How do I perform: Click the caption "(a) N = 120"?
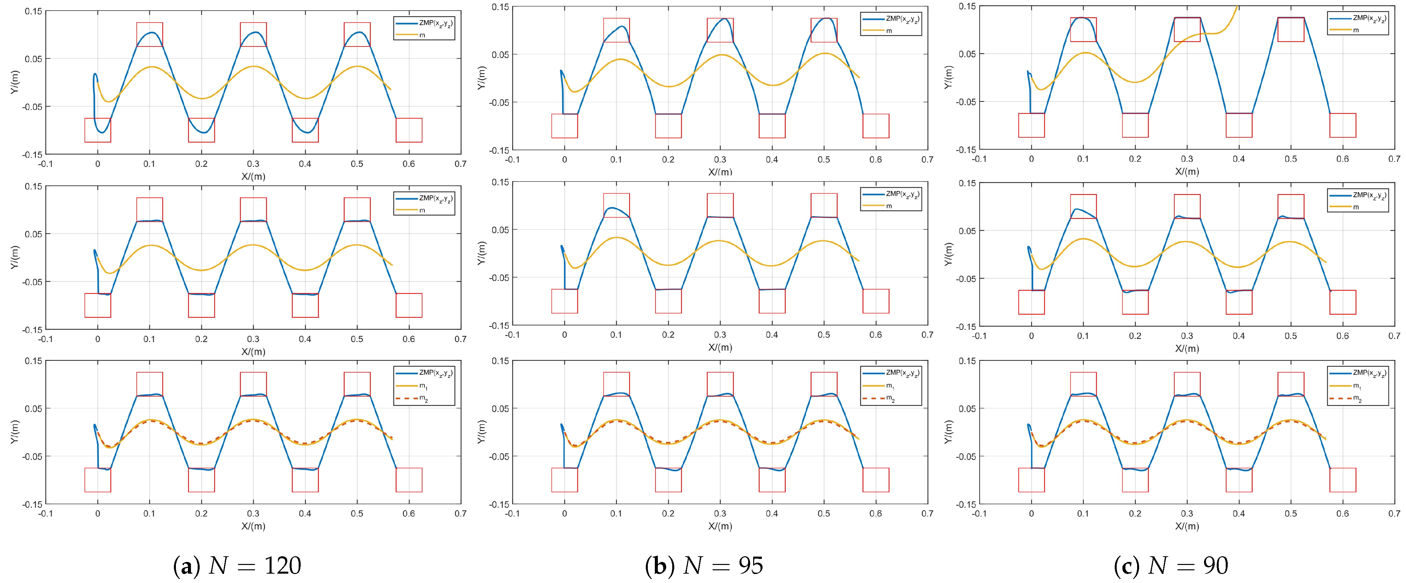point(237,566)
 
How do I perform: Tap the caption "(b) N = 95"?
point(704,566)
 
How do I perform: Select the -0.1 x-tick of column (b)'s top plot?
point(512,160)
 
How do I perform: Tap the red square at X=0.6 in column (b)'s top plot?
point(876,126)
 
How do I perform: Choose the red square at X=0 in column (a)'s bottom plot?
point(98,480)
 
